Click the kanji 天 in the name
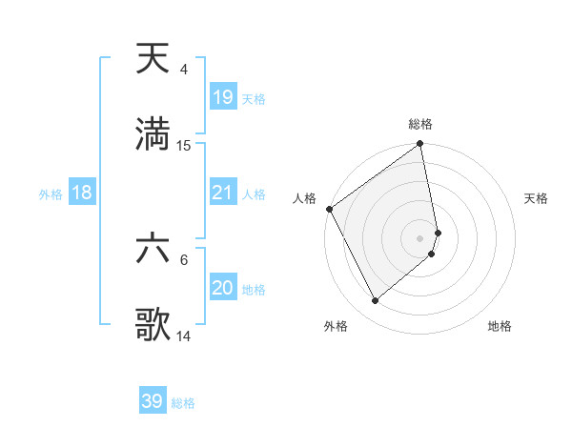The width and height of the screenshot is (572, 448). coord(153,60)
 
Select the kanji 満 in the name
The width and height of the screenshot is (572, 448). coord(153,135)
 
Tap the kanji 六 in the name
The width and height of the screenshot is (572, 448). coord(153,251)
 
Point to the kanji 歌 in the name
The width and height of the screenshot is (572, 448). coord(153,326)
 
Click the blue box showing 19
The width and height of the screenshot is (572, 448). coord(223,96)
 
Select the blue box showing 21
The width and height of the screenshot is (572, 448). coord(223,193)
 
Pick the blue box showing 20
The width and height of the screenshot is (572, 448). coord(223,288)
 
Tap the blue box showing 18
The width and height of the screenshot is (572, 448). coord(82,193)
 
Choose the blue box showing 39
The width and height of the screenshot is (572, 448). coord(153,401)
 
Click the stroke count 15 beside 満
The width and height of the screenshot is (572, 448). coord(184,146)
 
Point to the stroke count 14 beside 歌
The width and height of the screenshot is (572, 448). coord(184,336)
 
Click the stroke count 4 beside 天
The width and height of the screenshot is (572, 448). coord(183,70)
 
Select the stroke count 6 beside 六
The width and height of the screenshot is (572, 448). coord(183,260)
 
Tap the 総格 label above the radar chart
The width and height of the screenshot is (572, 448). coord(420,124)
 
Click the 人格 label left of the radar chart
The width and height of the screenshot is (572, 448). coord(304,198)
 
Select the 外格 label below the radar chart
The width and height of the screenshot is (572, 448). coord(335,326)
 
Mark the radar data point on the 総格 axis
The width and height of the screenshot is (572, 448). coord(420,145)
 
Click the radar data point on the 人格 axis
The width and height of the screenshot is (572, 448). coord(329,209)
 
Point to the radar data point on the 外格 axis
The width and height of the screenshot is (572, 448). coord(375,300)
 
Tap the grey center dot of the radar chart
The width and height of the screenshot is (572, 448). coord(420,237)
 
